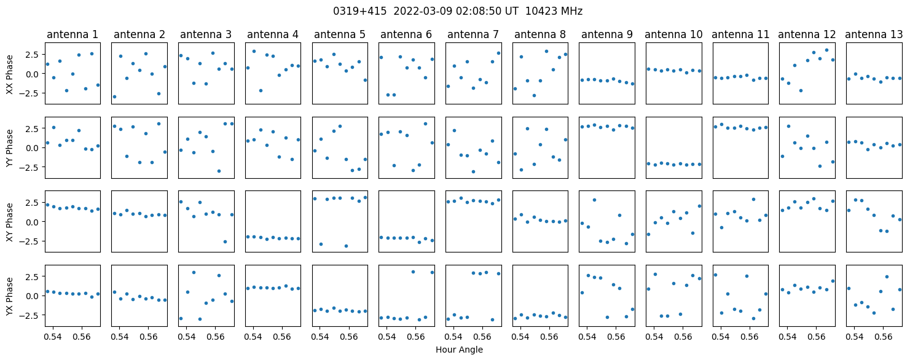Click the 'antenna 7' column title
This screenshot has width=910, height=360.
pyautogui.click(x=473, y=34)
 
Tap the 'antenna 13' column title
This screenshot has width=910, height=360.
pyautogui.click(x=873, y=34)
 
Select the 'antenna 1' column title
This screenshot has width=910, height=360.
pyautogui.click(x=73, y=34)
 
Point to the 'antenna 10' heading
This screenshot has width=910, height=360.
pyautogui.click(x=673, y=34)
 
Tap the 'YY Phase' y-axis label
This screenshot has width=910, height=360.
pyautogui.click(x=10, y=148)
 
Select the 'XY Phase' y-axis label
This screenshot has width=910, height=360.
pyautogui.click(x=10, y=222)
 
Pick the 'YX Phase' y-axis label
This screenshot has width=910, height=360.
pyautogui.click(x=10, y=295)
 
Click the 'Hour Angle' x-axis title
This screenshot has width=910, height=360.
pyautogui.click(x=459, y=350)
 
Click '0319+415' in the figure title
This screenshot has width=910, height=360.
pyautogui.click(x=359, y=12)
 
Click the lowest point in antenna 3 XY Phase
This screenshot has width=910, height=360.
pyautogui.click(x=225, y=242)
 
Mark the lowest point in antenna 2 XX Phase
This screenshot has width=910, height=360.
pyautogui.click(x=114, y=96)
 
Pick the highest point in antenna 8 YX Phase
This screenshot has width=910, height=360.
pyautogui.click(x=553, y=313)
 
